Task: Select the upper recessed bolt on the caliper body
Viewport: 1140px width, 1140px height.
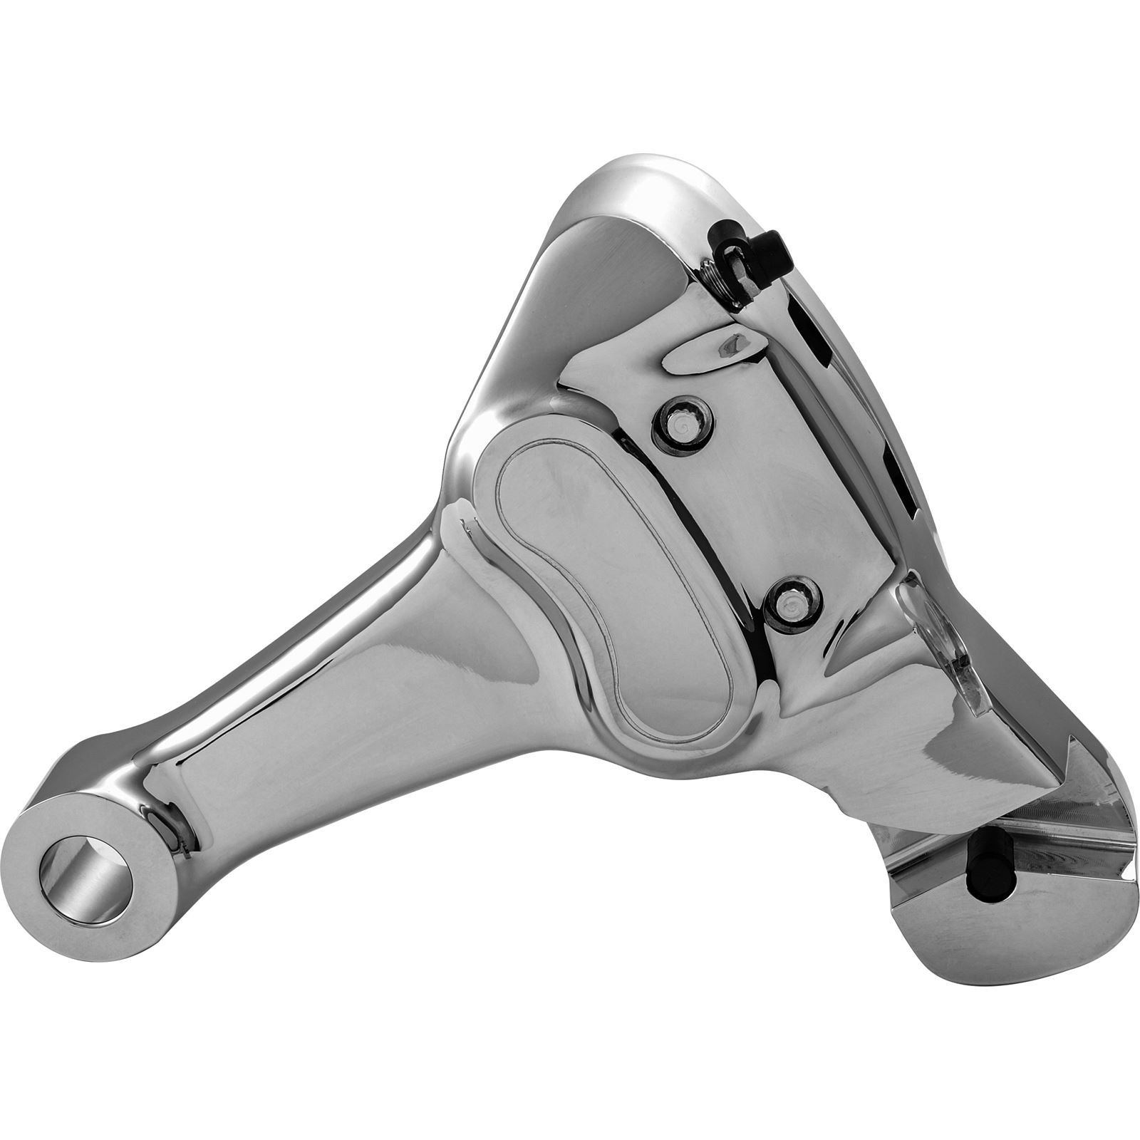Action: pos(683,425)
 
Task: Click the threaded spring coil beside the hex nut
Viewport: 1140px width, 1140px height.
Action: pos(711,274)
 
